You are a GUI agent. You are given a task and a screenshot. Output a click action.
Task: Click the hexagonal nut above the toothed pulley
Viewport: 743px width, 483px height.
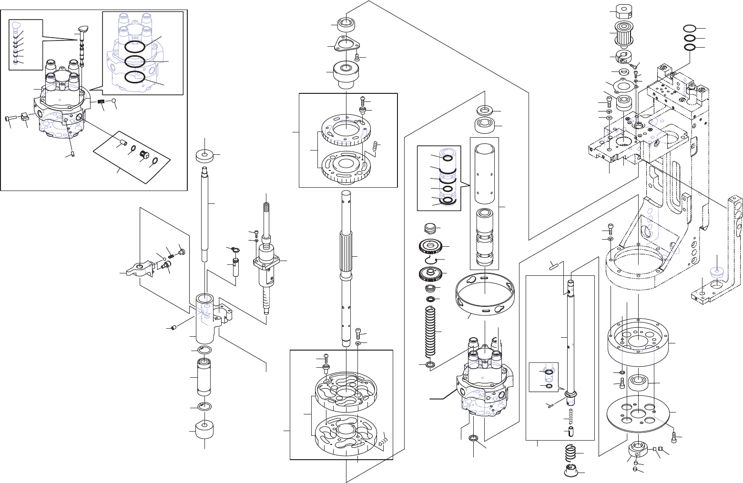[x=623, y=10]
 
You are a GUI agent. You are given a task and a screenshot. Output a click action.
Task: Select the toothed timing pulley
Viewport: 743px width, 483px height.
[x=623, y=32]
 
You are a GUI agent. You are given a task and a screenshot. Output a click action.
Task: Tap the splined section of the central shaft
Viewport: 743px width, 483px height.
[x=346, y=255]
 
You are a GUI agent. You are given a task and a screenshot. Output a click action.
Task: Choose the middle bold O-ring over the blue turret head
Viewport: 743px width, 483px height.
[x=135, y=61]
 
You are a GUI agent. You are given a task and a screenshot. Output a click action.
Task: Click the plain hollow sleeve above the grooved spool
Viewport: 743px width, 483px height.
[x=485, y=174]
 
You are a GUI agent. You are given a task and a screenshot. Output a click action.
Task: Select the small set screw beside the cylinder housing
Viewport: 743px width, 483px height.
[x=174, y=328]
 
